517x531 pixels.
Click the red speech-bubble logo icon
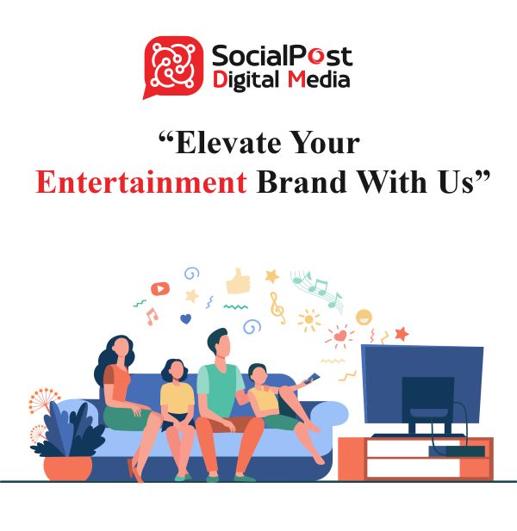point(173,66)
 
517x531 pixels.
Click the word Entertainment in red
point(141,182)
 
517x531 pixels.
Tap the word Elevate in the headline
point(228,143)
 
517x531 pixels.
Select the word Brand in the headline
point(302,182)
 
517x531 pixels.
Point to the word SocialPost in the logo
point(282,56)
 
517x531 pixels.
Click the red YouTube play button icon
point(160,289)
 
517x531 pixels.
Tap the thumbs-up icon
point(239,281)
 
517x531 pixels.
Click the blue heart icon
point(185,318)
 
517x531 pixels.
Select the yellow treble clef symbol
point(277,308)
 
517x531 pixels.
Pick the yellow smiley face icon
point(364,318)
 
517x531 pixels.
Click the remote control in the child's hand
point(312,378)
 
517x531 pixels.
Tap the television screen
point(422,384)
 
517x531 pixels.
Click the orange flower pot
point(68,468)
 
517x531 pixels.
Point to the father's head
point(218,344)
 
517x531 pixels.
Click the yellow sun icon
point(308,319)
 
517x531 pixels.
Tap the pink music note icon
point(152,317)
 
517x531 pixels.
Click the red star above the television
point(402,334)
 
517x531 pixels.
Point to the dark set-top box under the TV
point(457,451)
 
